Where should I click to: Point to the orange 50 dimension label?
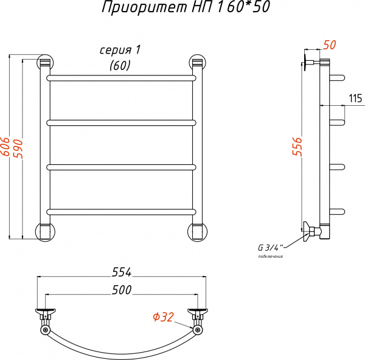coord(329,44)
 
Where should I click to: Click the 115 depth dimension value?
coord(355,99)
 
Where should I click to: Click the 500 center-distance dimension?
coord(122,291)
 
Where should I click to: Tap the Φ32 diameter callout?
coord(163,317)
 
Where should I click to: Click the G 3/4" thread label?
coord(271,247)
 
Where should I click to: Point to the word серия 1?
coord(123,50)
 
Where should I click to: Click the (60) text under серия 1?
coord(120,66)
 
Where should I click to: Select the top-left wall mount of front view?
coord(46,63)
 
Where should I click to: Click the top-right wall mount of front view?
coord(197,63)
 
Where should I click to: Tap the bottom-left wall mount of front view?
coord(46,231)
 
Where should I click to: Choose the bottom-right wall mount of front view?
coord(197,231)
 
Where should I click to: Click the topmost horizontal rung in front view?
coord(122,78)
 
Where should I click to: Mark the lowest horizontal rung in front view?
coord(122,211)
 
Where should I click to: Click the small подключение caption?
coord(271,257)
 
